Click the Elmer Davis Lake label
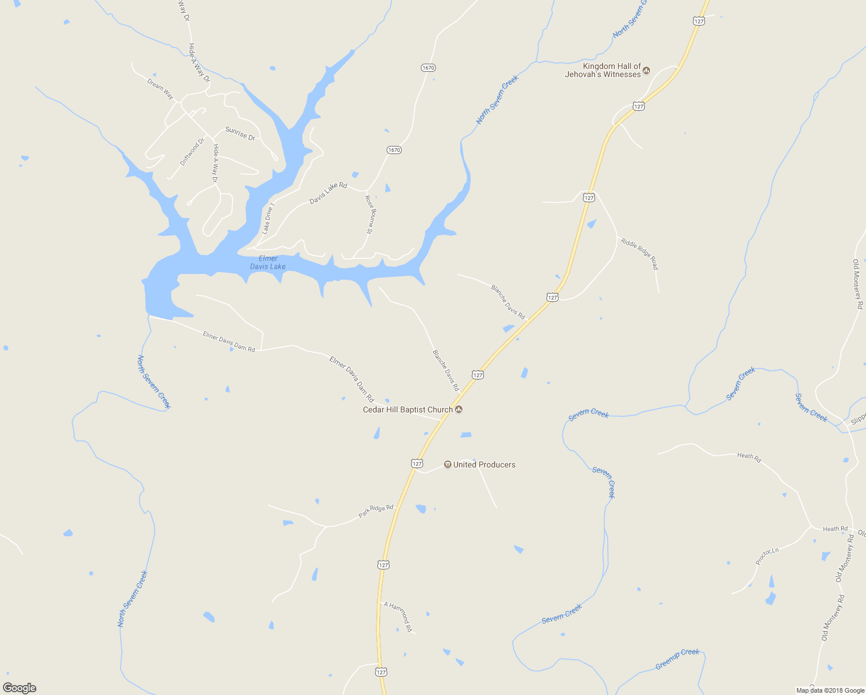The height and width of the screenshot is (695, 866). (x=268, y=262)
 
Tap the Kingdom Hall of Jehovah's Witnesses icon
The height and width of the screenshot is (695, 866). (x=647, y=71)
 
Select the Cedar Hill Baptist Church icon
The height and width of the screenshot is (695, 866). (x=459, y=409)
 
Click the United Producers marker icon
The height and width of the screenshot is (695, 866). (x=447, y=464)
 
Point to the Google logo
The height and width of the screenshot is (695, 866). (x=20, y=688)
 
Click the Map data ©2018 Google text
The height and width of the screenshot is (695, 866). (x=830, y=690)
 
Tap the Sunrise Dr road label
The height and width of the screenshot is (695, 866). (x=240, y=134)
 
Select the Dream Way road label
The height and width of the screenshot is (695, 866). (x=160, y=89)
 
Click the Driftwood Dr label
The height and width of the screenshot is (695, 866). (x=192, y=152)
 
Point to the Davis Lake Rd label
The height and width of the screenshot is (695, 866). (x=328, y=193)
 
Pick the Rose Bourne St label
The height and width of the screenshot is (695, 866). (x=369, y=214)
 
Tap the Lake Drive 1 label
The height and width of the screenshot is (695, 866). (x=268, y=218)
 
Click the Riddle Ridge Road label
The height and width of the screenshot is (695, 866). (x=640, y=254)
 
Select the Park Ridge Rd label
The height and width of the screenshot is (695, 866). (x=376, y=511)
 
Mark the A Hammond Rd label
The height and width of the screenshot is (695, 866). (x=398, y=617)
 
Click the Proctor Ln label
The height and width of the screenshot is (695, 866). (x=767, y=556)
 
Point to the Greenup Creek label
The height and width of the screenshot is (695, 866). (x=677, y=660)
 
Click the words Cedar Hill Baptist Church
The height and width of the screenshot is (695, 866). (x=408, y=409)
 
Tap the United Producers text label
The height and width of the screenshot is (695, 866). (x=484, y=464)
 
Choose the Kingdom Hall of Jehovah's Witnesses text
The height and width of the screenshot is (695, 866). (x=603, y=70)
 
